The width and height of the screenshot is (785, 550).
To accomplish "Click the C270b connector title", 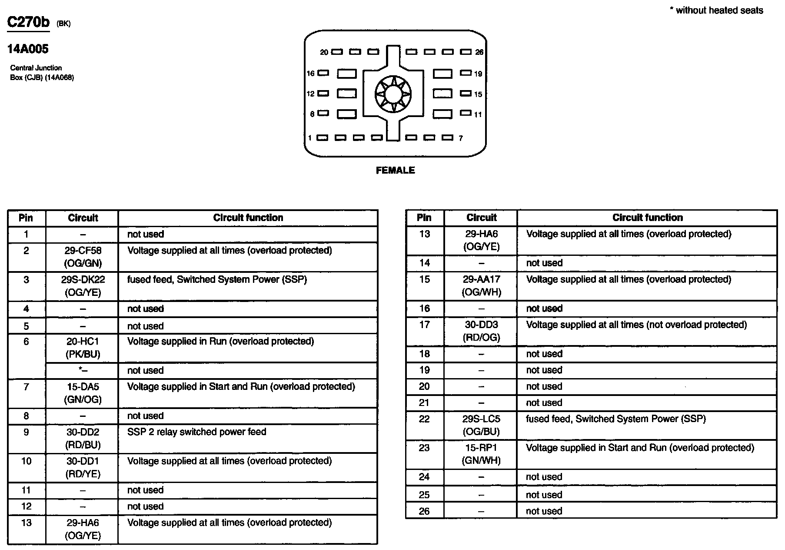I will [29, 22].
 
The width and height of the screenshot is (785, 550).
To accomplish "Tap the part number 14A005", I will [28, 49].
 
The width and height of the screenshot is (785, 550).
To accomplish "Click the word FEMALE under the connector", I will [395, 171].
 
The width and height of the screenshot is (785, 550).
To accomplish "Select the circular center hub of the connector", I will [393, 94].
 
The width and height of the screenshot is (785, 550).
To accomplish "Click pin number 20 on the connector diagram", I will [324, 52].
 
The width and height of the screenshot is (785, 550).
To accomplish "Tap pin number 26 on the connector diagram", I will [479, 52].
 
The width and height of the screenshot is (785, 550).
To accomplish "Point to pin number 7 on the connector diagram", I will [461, 138].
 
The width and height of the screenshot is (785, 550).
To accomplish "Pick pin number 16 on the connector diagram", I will [310, 74].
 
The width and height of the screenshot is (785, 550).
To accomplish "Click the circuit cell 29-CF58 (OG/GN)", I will [83, 257].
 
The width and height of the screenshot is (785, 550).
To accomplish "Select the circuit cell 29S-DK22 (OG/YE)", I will [83, 286].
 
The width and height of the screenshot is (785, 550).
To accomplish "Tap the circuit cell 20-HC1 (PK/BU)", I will [83, 348].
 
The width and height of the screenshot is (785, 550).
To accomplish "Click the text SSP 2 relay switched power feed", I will [196, 432].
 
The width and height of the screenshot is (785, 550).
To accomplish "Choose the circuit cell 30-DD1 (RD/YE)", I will [83, 467].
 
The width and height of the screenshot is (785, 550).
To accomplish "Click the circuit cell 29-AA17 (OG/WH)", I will [481, 285].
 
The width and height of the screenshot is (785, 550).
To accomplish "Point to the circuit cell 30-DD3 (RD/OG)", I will [481, 331].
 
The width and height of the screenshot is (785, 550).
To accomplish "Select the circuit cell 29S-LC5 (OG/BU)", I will [481, 425].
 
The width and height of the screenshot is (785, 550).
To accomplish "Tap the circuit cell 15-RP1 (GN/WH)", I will [481, 454].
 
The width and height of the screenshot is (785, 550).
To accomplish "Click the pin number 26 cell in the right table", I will [424, 511].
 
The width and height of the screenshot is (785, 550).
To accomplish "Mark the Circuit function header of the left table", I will [248, 218].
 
